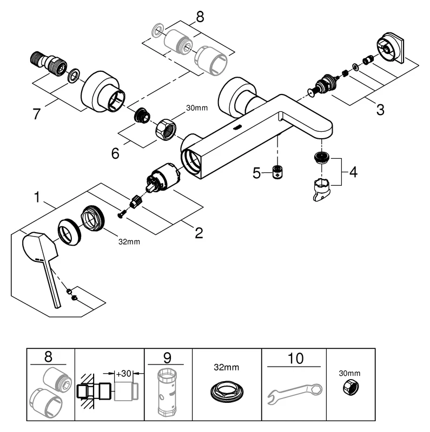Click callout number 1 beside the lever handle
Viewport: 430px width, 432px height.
pos(37,198)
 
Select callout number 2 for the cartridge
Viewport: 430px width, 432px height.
pos(199,233)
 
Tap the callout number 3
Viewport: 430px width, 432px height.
pos(380,110)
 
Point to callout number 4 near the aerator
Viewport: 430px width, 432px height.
pos(353,172)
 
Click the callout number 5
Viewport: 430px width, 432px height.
pos(257,173)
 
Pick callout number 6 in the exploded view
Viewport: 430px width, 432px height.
pos(115,153)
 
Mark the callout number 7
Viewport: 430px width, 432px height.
pos(37,114)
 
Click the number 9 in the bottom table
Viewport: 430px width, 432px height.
pos(168,357)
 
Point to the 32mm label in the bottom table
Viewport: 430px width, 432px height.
pos(226,368)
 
